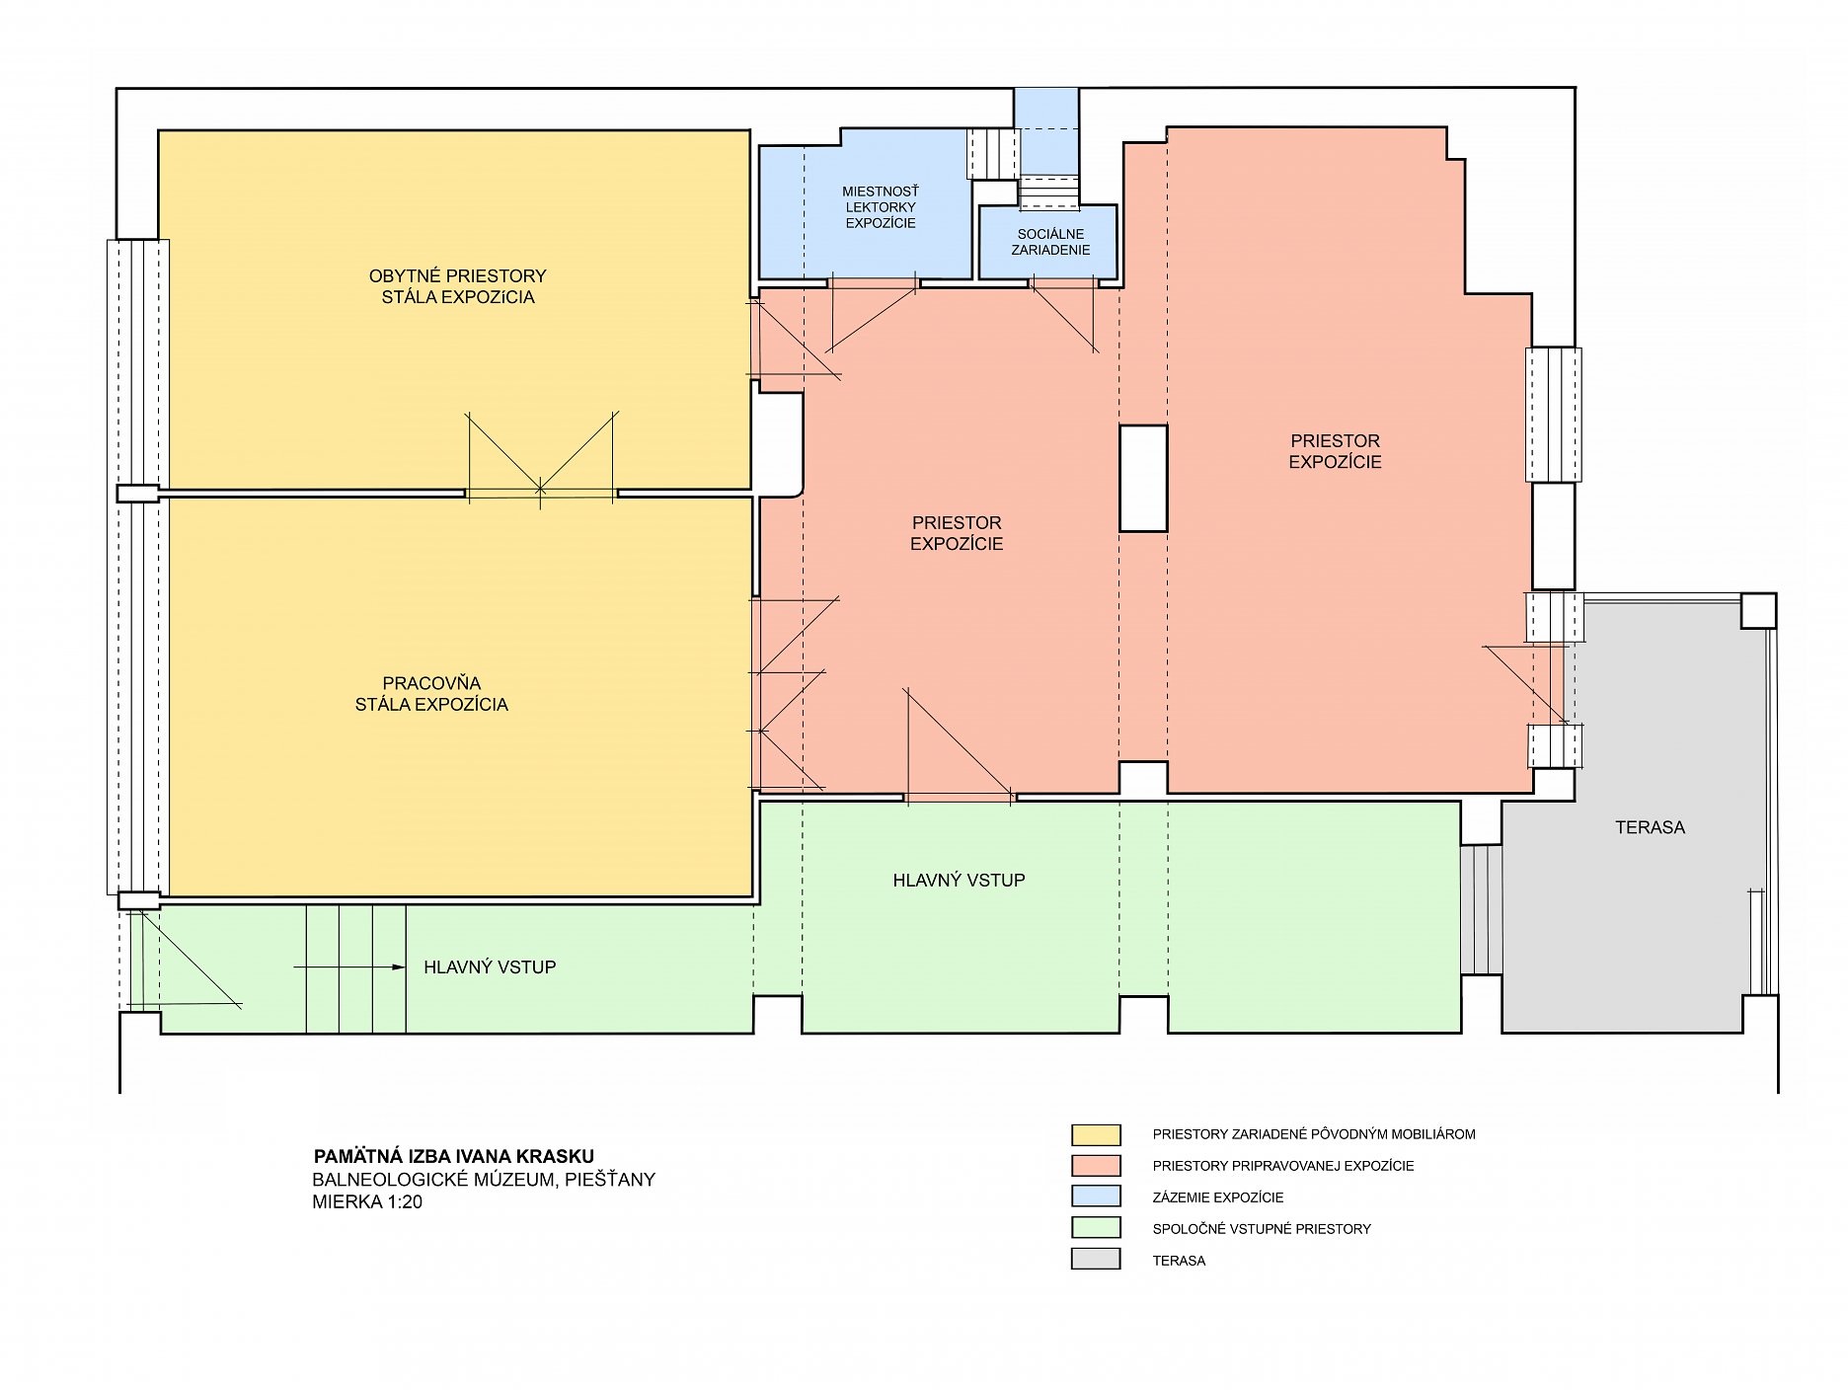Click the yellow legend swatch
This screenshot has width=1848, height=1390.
[x=1096, y=1134]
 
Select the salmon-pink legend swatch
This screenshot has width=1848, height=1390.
[x=1096, y=1166]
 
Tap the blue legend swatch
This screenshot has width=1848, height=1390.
[x=1096, y=1197]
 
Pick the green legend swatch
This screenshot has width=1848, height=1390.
[x=1096, y=1229]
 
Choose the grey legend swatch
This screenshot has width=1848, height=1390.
[x=1096, y=1260]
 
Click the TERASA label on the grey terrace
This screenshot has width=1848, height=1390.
[x=1650, y=828]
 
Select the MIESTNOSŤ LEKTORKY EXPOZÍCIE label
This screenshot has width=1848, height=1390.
[x=881, y=207]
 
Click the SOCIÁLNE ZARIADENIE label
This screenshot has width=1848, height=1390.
[x=1050, y=242]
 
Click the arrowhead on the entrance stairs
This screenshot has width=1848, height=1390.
[x=399, y=967]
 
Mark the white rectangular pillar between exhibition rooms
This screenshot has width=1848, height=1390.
[x=1143, y=479]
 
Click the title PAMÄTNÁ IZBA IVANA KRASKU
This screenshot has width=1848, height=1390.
[x=453, y=1156]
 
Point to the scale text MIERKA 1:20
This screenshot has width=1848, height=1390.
[x=367, y=1202]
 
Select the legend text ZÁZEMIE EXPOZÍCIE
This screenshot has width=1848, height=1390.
[x=1218, y=1197]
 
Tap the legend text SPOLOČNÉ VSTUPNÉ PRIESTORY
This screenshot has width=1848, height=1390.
[x=1262, y=1229]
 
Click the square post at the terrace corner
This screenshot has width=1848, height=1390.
[x=1758, y=611]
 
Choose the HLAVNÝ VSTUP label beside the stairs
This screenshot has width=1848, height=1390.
[x=490, y=967]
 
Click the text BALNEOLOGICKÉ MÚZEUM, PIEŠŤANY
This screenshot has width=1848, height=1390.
[x=484, y=1180]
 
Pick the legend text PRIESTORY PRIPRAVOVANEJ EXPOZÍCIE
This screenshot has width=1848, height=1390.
[x=1283, y=1166]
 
